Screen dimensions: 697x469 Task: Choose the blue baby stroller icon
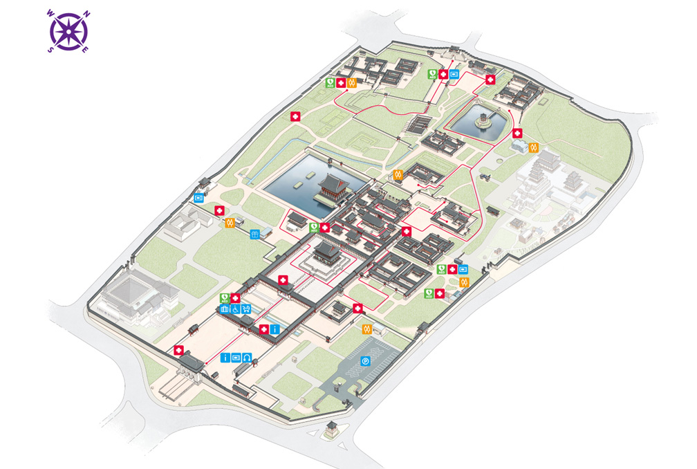245,309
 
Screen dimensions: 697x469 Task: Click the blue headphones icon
247,358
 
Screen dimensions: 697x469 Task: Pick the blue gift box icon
255,234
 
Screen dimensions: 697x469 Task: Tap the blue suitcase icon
224,309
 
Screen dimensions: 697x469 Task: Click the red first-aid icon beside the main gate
180,351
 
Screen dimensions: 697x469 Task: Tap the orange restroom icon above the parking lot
368,329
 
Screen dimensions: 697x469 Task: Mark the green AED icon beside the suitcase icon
224,298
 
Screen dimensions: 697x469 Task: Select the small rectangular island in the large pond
298,184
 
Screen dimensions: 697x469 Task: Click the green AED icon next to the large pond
314,226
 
